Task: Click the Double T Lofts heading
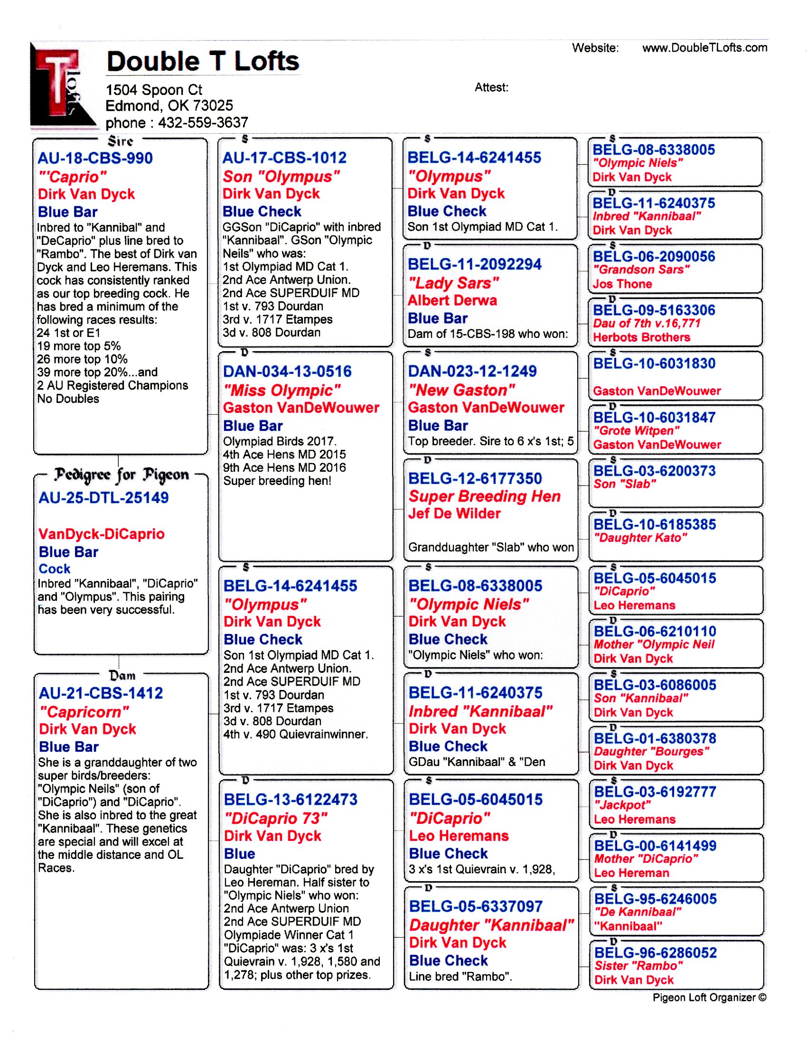coord(203,62)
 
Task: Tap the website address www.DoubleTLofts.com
coord(704,48)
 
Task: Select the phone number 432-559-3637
coord(203,123)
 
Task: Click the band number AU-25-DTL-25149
coord(103,498)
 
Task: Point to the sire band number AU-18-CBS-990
coord(95,158)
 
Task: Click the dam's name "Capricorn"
coord(84,712)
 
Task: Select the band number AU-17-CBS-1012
coord(284,158)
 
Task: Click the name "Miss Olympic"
coord(282,391)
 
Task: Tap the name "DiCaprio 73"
coord(276,819)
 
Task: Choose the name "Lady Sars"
coord(453,283)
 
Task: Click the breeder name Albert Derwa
coord(452,301)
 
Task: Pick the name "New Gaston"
coord(461,390)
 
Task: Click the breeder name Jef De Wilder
coord(454,513)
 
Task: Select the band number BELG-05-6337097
coord(476,906)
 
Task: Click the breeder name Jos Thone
coord(622,284)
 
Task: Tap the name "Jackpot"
coord(622,805)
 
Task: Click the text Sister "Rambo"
coord(638,966)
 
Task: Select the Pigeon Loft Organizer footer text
coord(709,997)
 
